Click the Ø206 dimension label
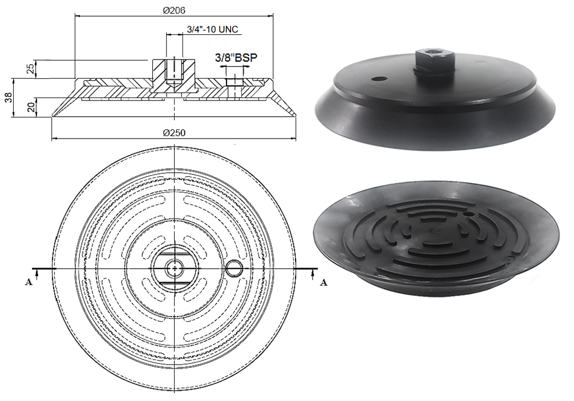click(x=174, y=11)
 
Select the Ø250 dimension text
click(x=174, y=133)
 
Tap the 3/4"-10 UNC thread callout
click(x=212, y=29)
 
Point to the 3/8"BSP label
click(x=236, y=58)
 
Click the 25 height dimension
click(x=31, y=69)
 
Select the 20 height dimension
click(x=31, y=107)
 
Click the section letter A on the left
click(x=28, y=282)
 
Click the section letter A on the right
click(x=324, y=282)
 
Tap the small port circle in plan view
click(x=235, y=269)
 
